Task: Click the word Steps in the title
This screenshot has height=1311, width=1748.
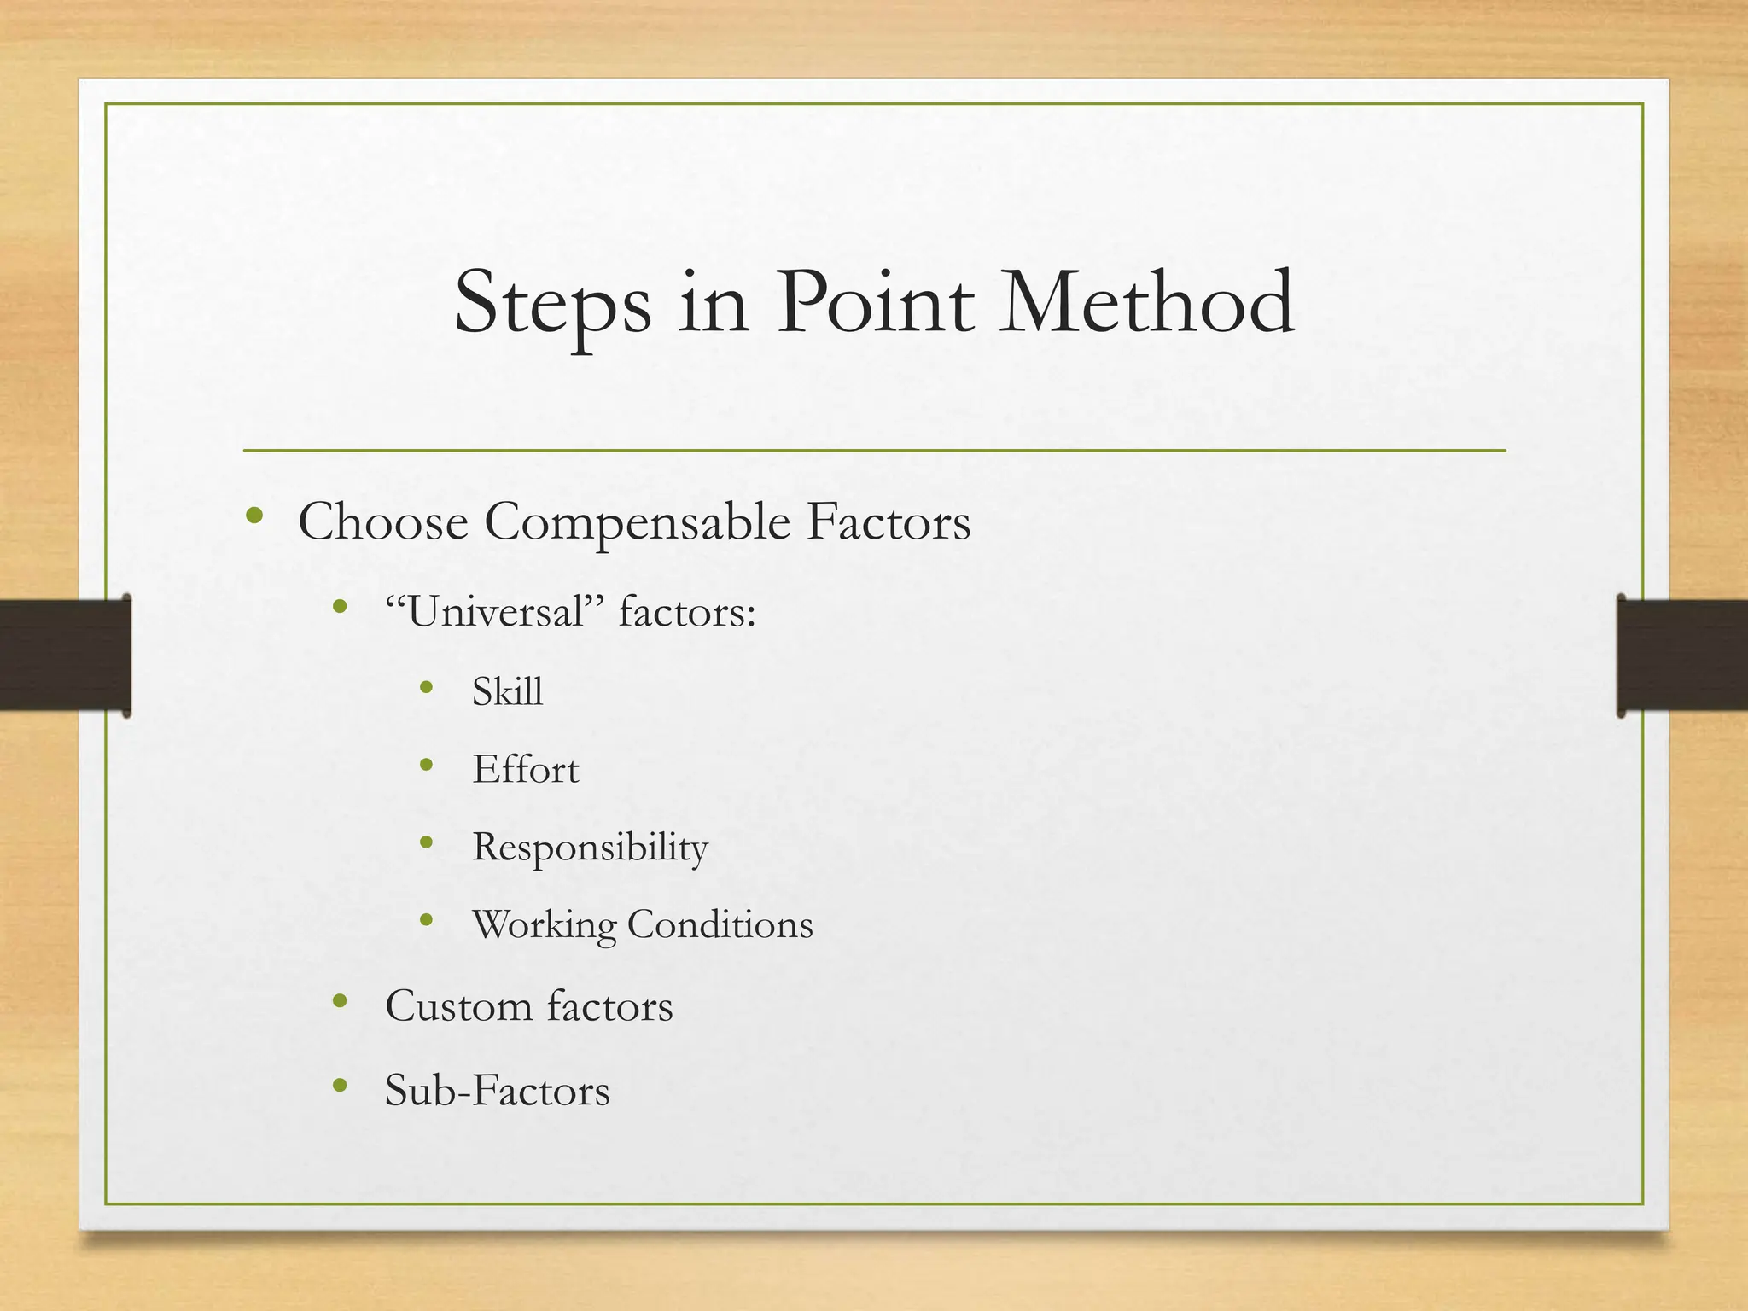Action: pos(552,305)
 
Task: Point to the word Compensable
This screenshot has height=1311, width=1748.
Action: pos(637,523)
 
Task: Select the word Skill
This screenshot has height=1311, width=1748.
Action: pos(507,691)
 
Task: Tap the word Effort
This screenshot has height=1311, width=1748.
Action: pos(525,770)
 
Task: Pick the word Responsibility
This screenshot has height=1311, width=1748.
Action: pos(590,848)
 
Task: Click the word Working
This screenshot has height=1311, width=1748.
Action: pos(544,926)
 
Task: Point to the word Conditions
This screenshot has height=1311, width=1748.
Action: pos(720,925)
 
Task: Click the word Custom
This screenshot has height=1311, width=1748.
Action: pos(458,1006)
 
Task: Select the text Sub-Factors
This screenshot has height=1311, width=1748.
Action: pos(497,1090)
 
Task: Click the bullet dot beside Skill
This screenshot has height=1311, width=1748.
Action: pos(427,686)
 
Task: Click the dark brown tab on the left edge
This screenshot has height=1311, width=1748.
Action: pos(65,655)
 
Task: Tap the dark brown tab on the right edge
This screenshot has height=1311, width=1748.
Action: pos(1681,655)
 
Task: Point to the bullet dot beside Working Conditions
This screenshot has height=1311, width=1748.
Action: pos(427,920)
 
